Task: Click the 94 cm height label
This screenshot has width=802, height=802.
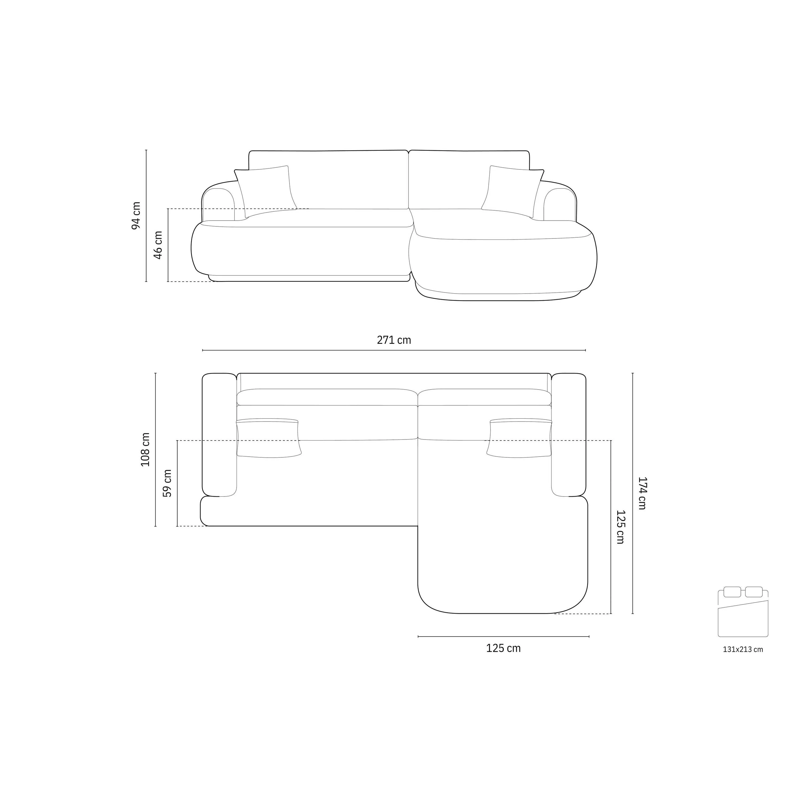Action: click(x=136, y=215)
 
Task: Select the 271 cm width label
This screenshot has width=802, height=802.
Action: click(x=394, y=340)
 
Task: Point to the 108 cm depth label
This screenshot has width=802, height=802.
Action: click(x=145, y=450)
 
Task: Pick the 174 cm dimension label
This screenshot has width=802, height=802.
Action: click(x=642, y=493)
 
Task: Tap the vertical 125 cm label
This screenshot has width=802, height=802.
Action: click(x=620, y=527)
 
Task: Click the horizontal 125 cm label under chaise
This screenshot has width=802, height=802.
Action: click(x=503, y=648)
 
